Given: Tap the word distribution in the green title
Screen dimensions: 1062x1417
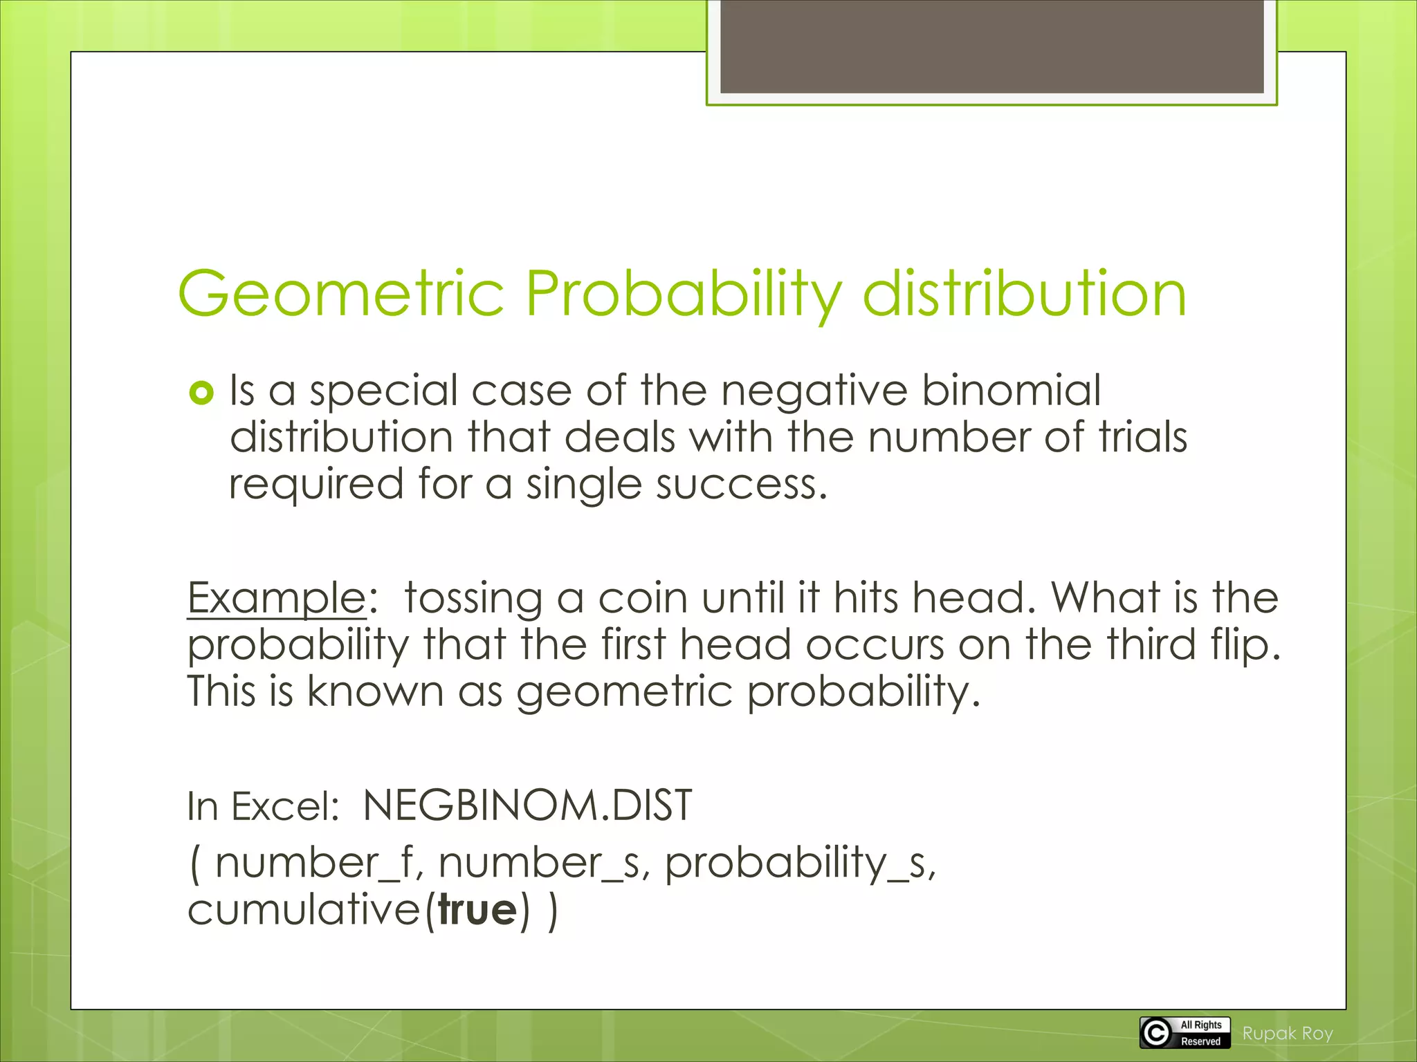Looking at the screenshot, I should [x=1024, y=294].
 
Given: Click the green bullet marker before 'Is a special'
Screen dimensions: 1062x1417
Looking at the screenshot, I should [x=201, y=393].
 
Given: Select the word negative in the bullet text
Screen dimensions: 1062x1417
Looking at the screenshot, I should [x=814, y=391].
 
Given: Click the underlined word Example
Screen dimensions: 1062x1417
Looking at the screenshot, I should [x=276, y=598].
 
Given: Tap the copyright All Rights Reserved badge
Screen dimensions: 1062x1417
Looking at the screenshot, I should [x=1185, y=1033].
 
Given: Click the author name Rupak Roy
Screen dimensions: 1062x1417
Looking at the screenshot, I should [x=1287, y=1034].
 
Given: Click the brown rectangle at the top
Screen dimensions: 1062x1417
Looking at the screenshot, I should [x=991, y=47].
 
